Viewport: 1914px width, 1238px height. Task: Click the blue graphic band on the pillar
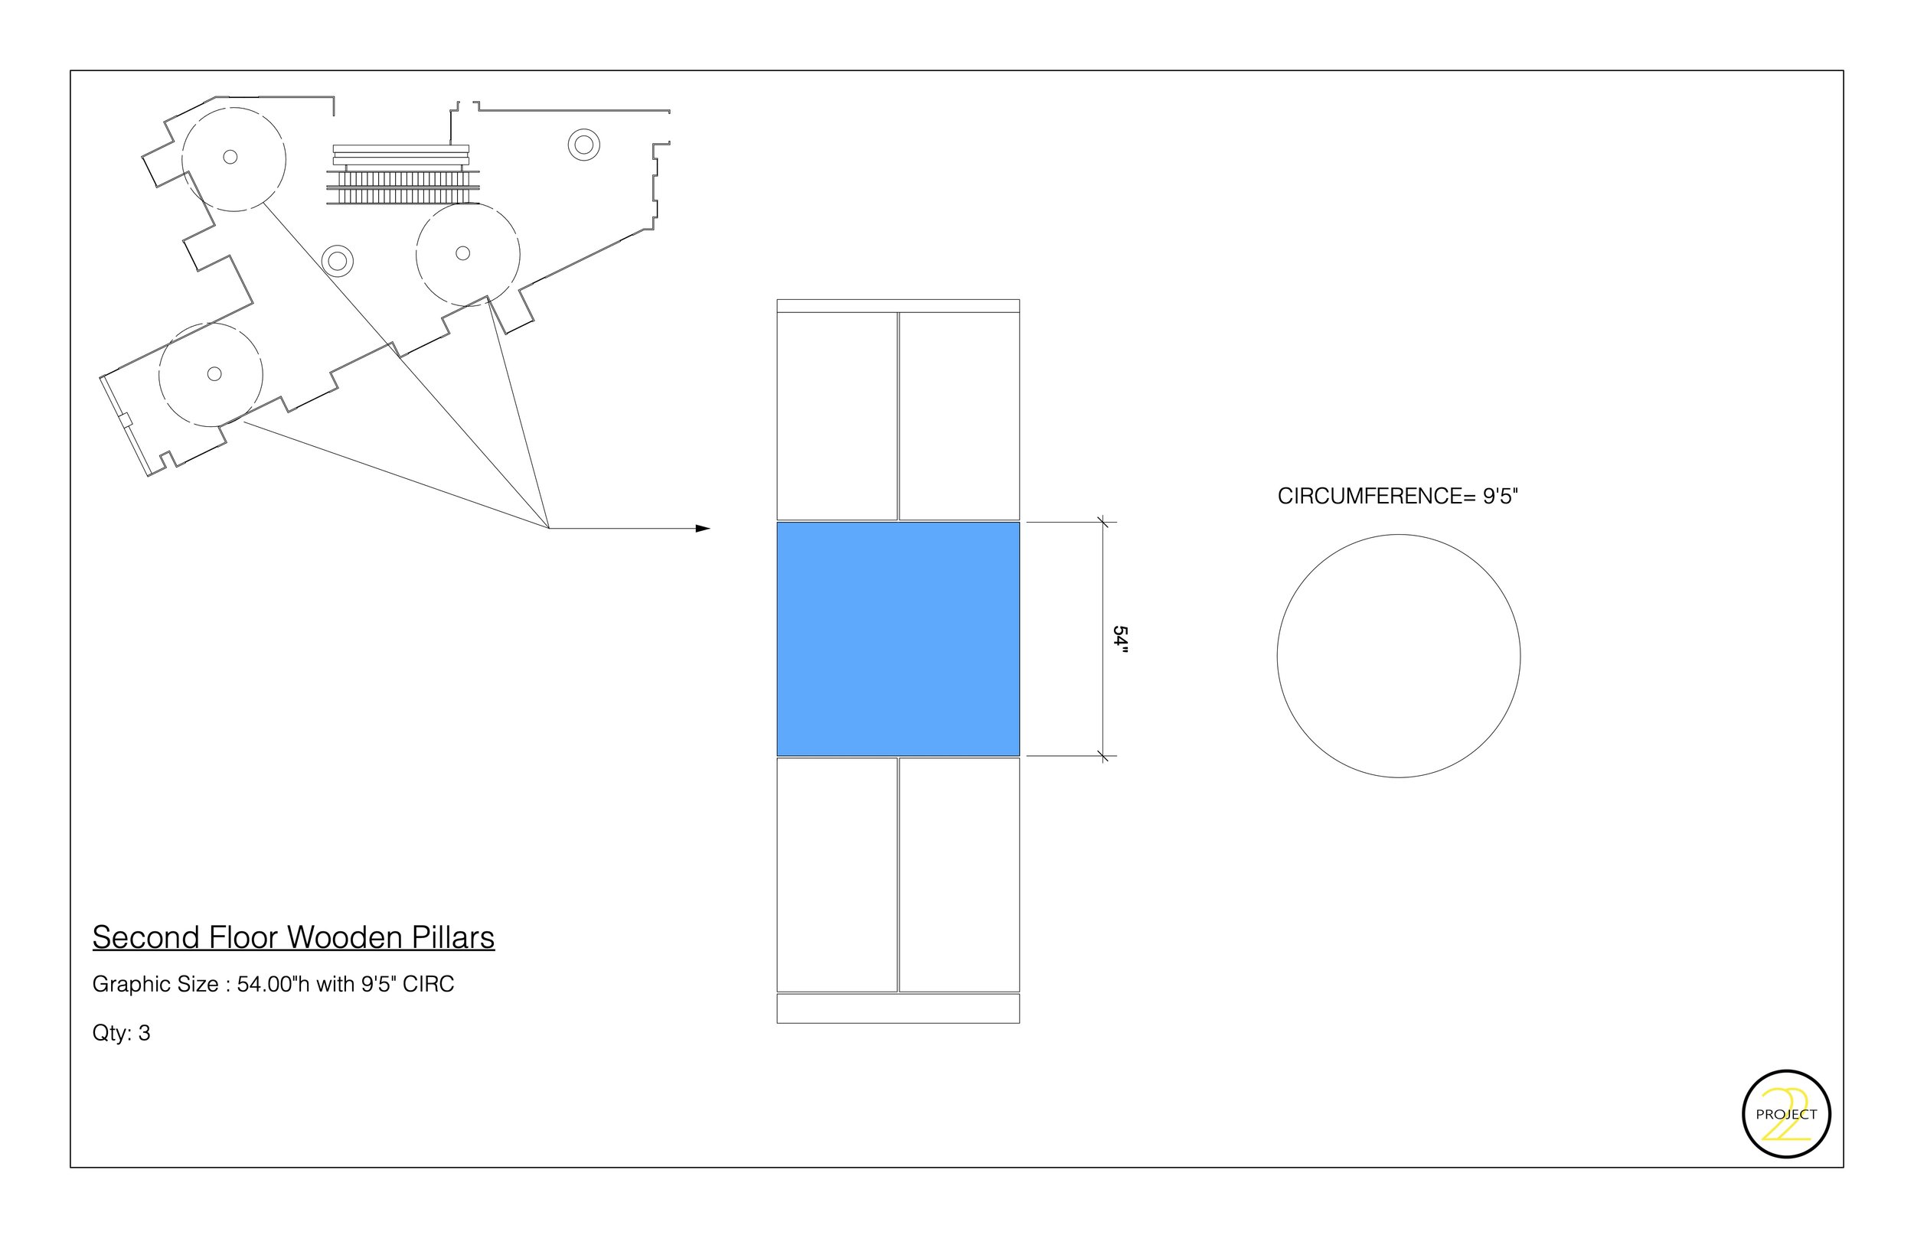point(897,639)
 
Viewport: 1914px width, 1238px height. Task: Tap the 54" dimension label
point(1120,640)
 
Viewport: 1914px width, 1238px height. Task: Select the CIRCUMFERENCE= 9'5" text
point(1397,496)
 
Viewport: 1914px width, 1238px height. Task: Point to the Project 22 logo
point(1786,1114)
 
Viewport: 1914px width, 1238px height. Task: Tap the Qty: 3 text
point(122,1033)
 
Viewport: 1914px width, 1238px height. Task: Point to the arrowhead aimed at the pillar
point(703,528)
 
